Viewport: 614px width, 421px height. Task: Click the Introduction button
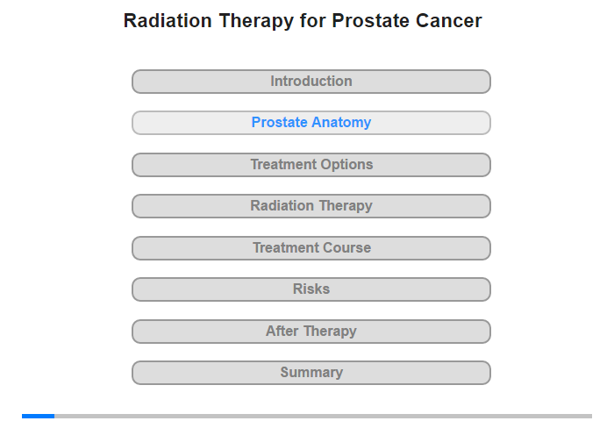tap(311, 82)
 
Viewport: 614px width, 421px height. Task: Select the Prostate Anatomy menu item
tap(311, 123)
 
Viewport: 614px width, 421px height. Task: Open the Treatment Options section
tap(311, 165)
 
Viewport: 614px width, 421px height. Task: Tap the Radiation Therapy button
tap(311, 206)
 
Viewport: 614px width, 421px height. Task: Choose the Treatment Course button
tap(311, 248)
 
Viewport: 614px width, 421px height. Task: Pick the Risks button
tap(311, 289)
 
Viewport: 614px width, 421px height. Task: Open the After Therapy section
tap(311, 332)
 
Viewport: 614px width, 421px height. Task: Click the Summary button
tap(311, 373)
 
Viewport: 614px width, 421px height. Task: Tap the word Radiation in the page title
tap(168, 21)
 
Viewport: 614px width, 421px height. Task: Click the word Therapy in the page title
tap(256, 22)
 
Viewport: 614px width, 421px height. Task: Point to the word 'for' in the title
tap(313, 21)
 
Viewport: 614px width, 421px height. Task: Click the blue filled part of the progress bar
tap(38, 416)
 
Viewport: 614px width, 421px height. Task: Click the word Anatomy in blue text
tap(341, 123)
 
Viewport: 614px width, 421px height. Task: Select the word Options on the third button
tap(347, 165)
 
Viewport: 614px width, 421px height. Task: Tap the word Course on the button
tap(347, 248)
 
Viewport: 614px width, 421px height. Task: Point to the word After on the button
tap(282, 332)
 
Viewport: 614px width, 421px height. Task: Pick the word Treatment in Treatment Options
tap(284, 165)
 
